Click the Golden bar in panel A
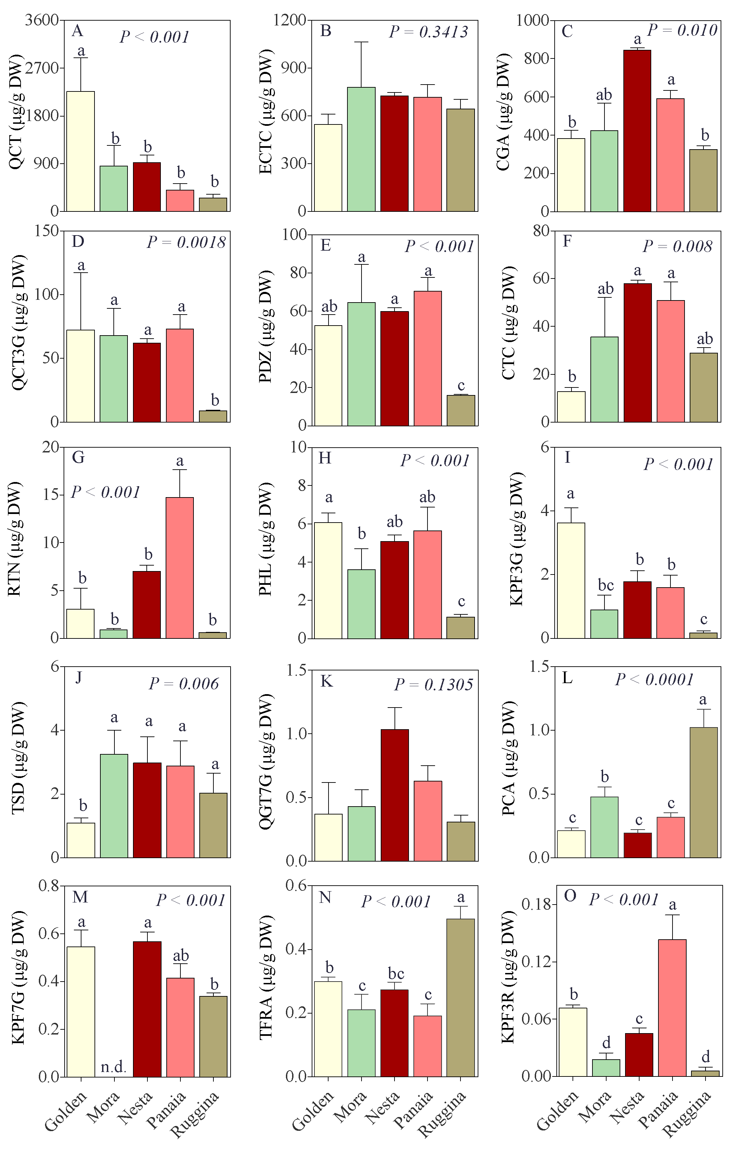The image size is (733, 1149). tap(80, 151)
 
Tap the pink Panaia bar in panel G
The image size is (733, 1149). tap(180, 568)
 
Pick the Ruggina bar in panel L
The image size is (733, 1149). tap(703, 792)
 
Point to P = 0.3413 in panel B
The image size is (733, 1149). tap(428, 32)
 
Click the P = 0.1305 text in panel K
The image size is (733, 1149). tap(433, 685)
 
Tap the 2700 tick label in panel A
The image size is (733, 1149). tap(42, 68)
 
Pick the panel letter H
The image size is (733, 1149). tap(325, 458)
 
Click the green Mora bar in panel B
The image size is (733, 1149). tap(361, 149)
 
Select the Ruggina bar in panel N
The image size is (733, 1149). tap(461, 998)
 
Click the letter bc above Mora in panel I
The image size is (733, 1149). tap(606, 585)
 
